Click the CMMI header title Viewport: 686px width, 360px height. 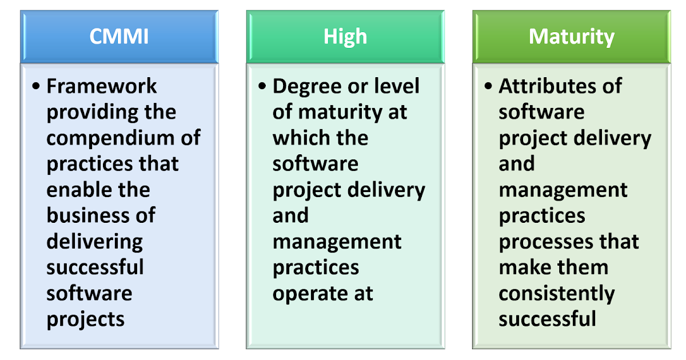point(119,37)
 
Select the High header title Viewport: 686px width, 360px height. point(345,37)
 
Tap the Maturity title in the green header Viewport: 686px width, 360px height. point(571,37)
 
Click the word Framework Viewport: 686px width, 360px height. point(102,86)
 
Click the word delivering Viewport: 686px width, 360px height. point(94,242)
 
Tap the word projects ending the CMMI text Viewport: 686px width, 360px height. point(85,319)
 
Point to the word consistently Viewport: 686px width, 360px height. point(556,294)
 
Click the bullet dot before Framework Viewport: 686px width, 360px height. point(37,86)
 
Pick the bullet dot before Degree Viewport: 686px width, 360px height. point(262,86)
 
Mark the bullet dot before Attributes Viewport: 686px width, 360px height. point(488,86)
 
